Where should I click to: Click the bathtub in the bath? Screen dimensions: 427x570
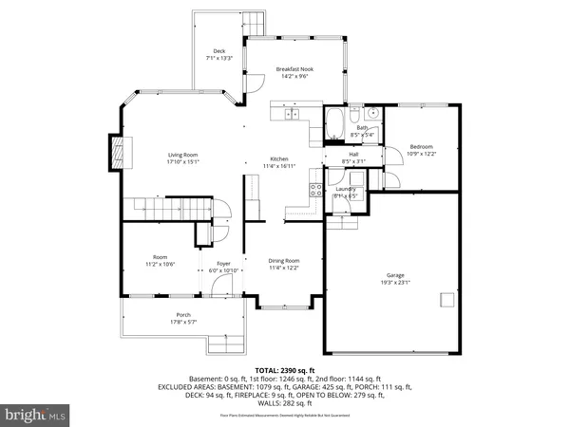337,121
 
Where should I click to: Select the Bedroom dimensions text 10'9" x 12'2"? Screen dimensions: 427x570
421,155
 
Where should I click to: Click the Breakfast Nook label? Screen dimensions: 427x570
294,69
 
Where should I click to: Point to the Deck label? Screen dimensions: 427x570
218,50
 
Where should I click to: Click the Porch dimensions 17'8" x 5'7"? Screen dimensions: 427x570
183,323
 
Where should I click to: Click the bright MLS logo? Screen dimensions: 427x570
36,414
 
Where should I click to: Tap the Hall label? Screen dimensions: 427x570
352,154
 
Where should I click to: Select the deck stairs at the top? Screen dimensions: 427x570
255,22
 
